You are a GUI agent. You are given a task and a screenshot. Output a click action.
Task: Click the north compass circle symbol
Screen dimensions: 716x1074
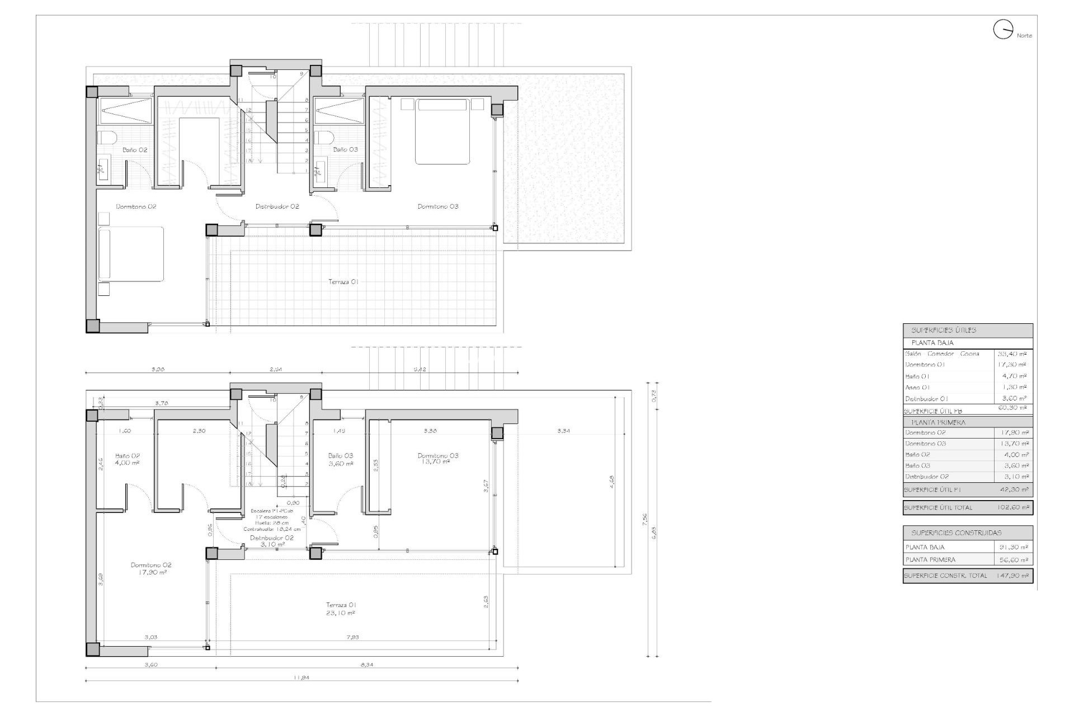tap(1003, 30)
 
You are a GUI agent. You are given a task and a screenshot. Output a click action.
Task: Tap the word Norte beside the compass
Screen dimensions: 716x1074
tap(1024, 36)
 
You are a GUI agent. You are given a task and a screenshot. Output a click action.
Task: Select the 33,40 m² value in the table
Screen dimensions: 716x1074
tap(1012, 354)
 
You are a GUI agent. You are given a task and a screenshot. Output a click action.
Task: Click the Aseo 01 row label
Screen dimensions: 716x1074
tap(917, 387)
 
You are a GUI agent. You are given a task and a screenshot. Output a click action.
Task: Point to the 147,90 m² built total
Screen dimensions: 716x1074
tap(1012, 576)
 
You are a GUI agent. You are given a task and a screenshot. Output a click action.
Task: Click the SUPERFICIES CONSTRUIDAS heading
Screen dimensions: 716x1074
tap(956, 533)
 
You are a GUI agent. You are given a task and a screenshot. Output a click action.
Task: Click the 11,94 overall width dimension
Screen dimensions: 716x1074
tap(301, 677)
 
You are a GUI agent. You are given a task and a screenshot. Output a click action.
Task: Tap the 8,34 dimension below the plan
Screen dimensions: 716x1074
tap(366, 665)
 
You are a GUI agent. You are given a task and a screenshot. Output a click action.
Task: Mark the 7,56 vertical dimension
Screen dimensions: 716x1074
tap(645, 520)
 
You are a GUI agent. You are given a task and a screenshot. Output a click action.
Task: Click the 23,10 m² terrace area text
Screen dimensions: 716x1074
tap(341, 613)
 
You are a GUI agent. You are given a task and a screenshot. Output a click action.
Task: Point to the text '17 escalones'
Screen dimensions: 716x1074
tap(272, 517)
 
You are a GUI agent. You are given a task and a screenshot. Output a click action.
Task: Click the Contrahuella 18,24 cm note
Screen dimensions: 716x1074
tap(272, 529)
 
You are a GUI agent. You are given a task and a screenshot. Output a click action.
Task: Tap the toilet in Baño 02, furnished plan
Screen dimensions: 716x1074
tap(106, 138)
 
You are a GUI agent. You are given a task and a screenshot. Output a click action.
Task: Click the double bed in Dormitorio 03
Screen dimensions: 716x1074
tap(441, 131)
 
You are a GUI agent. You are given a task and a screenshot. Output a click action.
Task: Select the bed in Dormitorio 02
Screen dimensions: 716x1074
tap(131, 253)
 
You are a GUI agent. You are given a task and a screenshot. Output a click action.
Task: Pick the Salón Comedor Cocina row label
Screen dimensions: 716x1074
tap(942, 354)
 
